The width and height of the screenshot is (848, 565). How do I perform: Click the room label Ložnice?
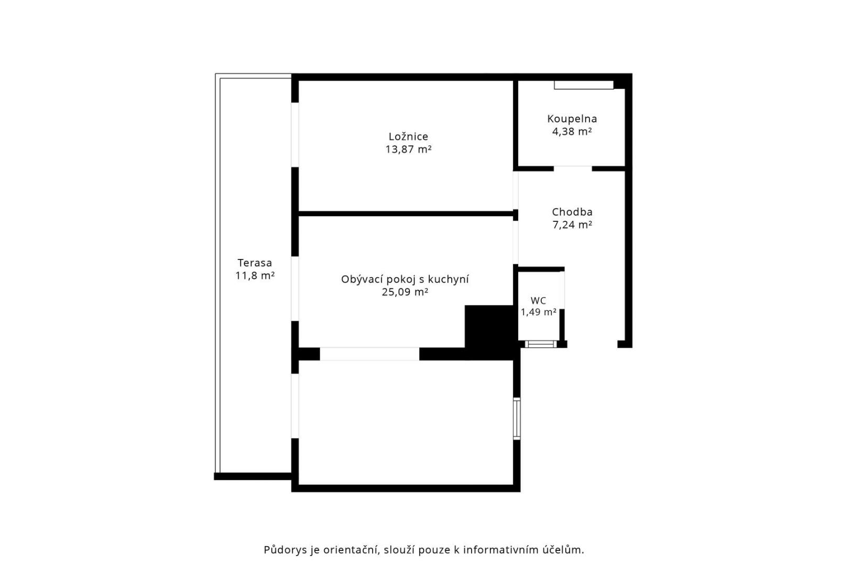click(408, 137)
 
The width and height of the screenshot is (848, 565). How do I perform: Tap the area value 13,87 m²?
click(408, 150)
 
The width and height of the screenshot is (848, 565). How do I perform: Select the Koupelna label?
click(572, 119)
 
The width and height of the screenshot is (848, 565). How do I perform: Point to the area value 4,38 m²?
click(572, 132)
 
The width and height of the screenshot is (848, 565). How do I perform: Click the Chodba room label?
click(572, 212)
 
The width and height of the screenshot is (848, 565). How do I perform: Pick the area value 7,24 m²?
click(572, 225)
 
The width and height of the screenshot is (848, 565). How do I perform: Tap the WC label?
click(538, 301)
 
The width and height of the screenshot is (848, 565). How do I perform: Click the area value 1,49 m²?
click(538, 312)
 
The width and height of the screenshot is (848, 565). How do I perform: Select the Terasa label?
click(254, 263)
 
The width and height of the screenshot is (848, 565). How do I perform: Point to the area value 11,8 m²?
click(254, 276)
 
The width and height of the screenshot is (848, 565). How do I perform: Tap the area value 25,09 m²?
click(405, 292)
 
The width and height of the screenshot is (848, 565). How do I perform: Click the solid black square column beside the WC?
click(489, 330)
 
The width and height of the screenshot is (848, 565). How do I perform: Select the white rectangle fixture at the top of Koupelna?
click(583, 85)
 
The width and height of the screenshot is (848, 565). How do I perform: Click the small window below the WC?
click(540, 344)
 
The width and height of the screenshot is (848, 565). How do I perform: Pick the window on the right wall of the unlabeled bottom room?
click(516, 419)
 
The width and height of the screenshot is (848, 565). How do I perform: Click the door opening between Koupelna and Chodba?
click(572, 168)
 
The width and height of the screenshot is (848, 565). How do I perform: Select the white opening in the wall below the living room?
click(369, 354)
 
